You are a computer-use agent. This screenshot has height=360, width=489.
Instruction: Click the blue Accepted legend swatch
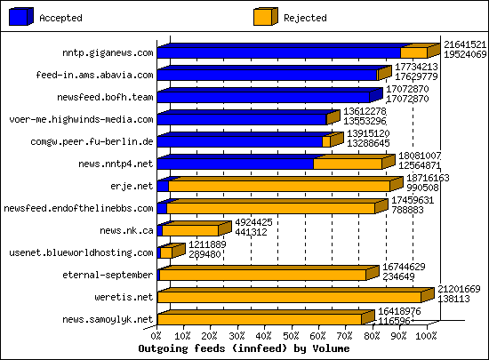(x=19, y=17)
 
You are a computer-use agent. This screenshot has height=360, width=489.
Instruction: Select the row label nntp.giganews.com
(x=103, y=52)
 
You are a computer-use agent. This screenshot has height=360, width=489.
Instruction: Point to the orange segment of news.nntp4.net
(x=348, y=164)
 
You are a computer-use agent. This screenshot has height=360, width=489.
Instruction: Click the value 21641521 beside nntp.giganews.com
(x=465, y=44)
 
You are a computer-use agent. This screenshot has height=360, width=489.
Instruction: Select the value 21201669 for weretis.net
(x=460, y=289)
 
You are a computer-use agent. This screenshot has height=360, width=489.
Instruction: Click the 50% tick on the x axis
(x=292, y=337)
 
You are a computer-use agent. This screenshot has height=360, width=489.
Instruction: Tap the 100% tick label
(x=425, y=337)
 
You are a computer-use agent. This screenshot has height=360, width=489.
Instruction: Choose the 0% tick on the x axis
(x=157, y=337)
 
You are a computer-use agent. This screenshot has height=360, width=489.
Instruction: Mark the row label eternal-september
(x=111, y=275)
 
